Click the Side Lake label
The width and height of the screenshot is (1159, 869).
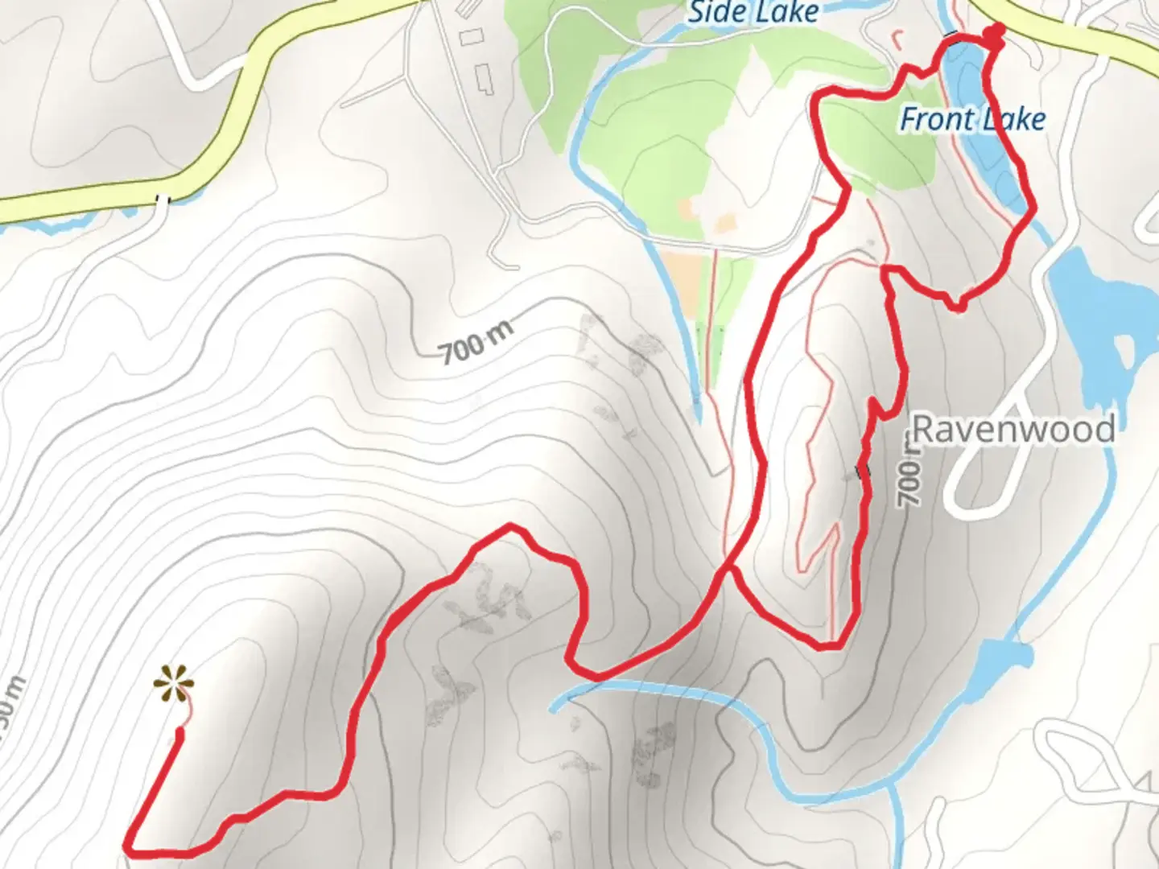pos(753,12)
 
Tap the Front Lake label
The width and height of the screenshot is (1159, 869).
pos(972,120)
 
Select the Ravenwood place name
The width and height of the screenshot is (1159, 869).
pos(1013,430)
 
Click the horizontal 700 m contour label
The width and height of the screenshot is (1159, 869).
pos(476,342)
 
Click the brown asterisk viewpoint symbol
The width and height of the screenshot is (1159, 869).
pos(173,684)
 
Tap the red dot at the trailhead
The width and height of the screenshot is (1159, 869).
pos(996,32)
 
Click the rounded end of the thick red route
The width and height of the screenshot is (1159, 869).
pos(179,732)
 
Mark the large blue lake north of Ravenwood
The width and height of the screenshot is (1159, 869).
pos(1095,314)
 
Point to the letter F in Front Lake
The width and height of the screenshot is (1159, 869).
pos(909,120)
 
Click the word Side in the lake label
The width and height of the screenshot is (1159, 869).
pos(715,12)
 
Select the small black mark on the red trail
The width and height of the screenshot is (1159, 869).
pos(862,470)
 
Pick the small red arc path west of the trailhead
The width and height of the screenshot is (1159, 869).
pos(899,35)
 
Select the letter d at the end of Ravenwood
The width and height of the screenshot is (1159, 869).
pos(1103,430)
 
